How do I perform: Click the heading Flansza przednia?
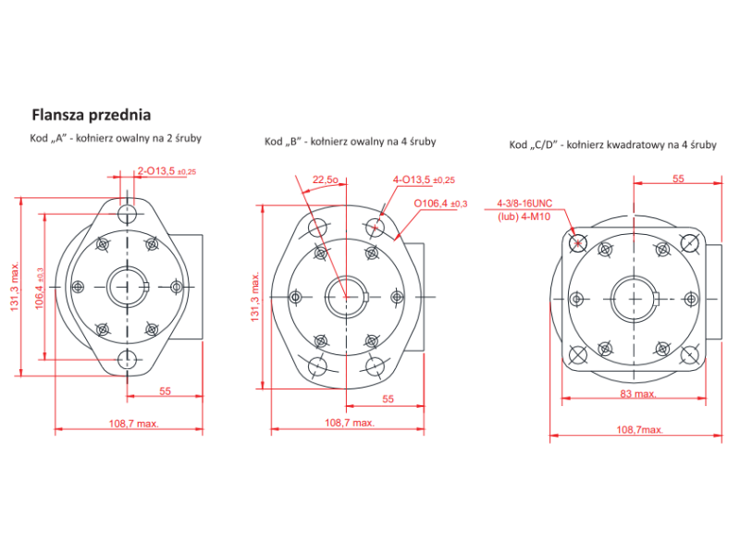click(x=92, y=115)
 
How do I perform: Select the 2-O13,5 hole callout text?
click(x=166, y=171)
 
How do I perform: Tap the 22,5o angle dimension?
click(x=326, y=179)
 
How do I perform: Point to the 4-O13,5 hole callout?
click(x=424, y=179)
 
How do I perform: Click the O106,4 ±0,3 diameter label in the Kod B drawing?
click(x=440, y=203)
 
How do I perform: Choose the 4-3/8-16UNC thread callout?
click(x=524, y=203)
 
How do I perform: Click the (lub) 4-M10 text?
click(x=524, y=217)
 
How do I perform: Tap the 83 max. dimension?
click(x=638, y=394)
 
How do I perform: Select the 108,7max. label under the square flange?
click(x=639, y=429)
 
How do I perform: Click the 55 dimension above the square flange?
click(x=678, y=179)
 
